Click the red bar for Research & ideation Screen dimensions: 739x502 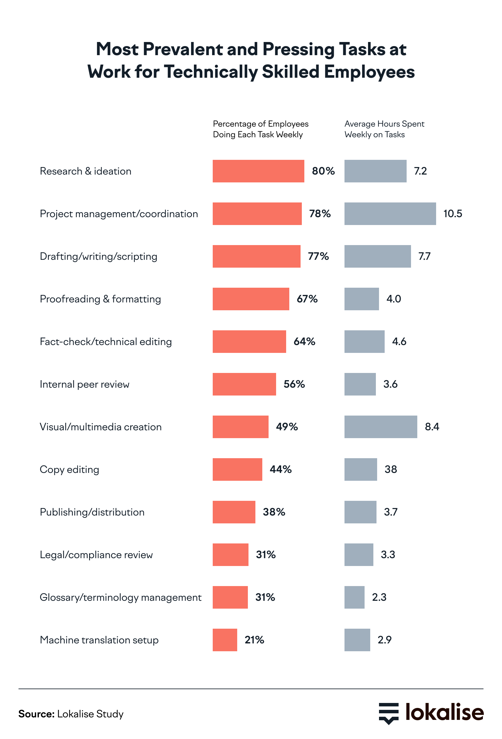tap(258, 171)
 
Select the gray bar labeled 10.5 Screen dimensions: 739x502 tap(390, 214)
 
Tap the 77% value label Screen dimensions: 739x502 tap(318, 256)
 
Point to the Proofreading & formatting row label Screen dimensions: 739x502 tap(100, 299)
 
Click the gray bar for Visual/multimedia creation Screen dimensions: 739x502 tap(380, 427)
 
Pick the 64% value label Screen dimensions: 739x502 tap(304, 342)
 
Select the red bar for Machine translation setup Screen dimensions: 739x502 tap(225, 640)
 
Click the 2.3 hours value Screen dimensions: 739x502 tap(379, 597)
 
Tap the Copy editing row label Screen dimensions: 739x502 tap(69, 469)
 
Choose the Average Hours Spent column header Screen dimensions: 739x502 tap(384, 129)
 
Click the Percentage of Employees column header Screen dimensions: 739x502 tap(260, 129)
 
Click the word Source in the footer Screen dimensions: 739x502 tap(36, 714)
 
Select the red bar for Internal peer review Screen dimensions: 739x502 tap(244, 384)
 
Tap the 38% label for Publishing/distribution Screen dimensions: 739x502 tap(274, 512)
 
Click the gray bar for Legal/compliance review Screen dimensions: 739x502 tap(358, 555)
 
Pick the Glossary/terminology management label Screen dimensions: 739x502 tap(120, 597)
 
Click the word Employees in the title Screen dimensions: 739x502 tap(369, 72)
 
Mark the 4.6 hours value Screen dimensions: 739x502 tap(399, 342)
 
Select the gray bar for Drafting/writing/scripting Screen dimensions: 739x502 tap(377, 256)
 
